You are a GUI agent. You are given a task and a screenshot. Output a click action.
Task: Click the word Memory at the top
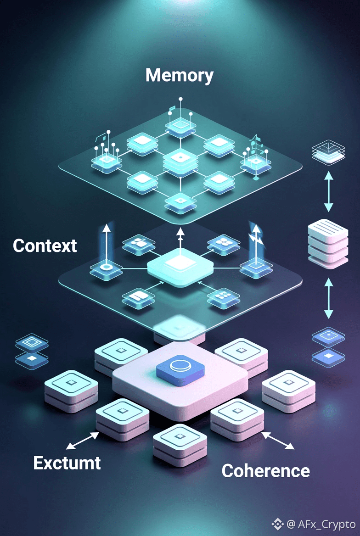(180, 76)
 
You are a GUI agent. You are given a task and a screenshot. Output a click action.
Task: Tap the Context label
(45, 246)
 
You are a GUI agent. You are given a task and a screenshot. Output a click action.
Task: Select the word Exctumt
(67, 463)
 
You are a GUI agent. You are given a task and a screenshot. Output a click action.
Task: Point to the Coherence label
(265, 470)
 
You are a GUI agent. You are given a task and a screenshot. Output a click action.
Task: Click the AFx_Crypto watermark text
(326, 524)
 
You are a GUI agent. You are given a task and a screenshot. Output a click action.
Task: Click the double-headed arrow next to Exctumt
(82, 440)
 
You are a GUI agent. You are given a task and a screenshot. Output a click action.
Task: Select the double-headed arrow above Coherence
(278, 440)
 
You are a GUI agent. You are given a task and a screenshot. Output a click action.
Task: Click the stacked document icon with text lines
(328, 244)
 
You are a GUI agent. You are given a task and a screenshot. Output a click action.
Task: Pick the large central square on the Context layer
(180, 265)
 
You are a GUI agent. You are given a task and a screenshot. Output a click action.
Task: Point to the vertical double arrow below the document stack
(328, 298)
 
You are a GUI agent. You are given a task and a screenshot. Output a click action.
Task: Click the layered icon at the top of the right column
(327, 152)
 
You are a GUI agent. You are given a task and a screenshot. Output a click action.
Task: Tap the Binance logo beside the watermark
(278, 524)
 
